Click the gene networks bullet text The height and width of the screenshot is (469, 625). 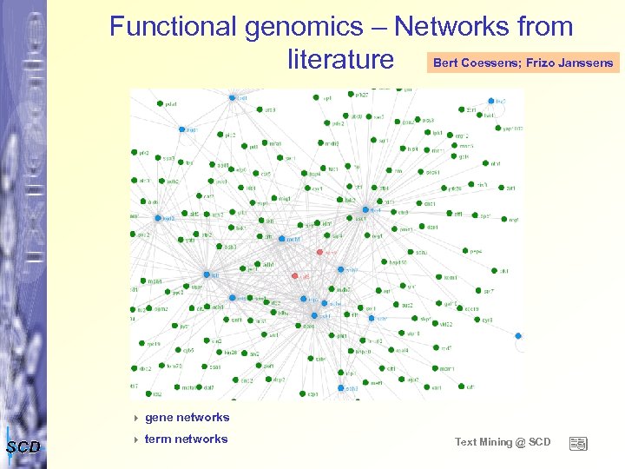coord(187,418)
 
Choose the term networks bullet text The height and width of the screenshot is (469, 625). coord(186,439)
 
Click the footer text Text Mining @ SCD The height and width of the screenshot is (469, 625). coord(503,442)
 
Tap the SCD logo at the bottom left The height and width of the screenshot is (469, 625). coord(23,447)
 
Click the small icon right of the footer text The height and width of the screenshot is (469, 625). coord(578,443)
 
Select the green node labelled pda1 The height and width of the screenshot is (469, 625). coord(160,104)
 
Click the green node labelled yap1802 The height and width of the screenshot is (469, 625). coord(498,129)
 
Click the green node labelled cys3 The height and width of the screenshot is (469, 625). coord(475,320)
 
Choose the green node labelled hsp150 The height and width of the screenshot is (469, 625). coord(385,262)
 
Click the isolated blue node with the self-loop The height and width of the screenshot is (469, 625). coord(518,335)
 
